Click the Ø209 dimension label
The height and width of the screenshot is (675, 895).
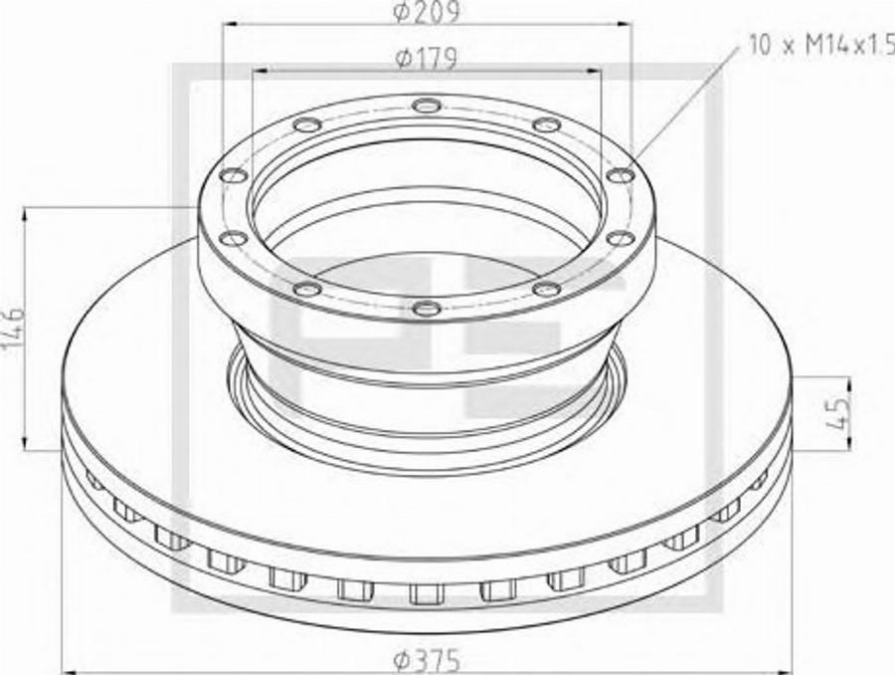[427, 12]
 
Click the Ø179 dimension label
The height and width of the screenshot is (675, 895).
[427, 59]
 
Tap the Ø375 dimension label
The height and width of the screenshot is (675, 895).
[427, 662]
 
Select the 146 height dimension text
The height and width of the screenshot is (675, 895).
[13, 330]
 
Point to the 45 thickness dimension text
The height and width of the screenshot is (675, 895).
[838, 410]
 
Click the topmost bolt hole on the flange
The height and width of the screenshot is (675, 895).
[427, 106]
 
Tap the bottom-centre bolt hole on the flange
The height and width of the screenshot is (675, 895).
[427, 309]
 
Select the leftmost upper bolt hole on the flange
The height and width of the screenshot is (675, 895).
[234, 175]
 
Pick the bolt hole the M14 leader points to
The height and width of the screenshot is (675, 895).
[620, 175]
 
